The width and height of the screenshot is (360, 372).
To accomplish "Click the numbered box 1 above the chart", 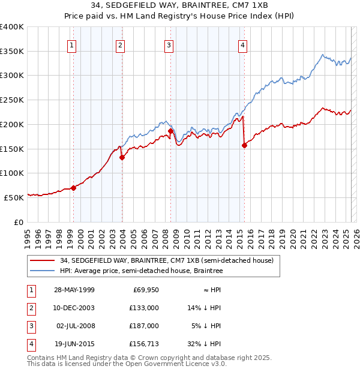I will tap(71, 44).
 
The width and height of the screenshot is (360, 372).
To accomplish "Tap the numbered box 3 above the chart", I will tap(169, 44).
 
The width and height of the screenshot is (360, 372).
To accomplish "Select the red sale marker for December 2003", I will tap(122, 158).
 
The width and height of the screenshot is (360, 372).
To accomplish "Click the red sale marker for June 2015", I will tap(244, 145).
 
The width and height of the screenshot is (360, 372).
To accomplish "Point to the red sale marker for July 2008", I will tap(170, 131).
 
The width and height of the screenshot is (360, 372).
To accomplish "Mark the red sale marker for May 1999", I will tap(74, 188).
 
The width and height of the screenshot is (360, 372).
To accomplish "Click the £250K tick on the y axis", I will tap(12, 100).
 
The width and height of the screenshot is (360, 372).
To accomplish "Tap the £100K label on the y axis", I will tap(12, 173).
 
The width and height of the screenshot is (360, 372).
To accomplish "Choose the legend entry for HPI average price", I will tap(156, 271).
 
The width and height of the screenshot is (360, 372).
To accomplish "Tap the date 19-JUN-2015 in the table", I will tap(74, 344).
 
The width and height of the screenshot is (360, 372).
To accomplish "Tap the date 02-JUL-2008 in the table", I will tap(75, 326).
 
